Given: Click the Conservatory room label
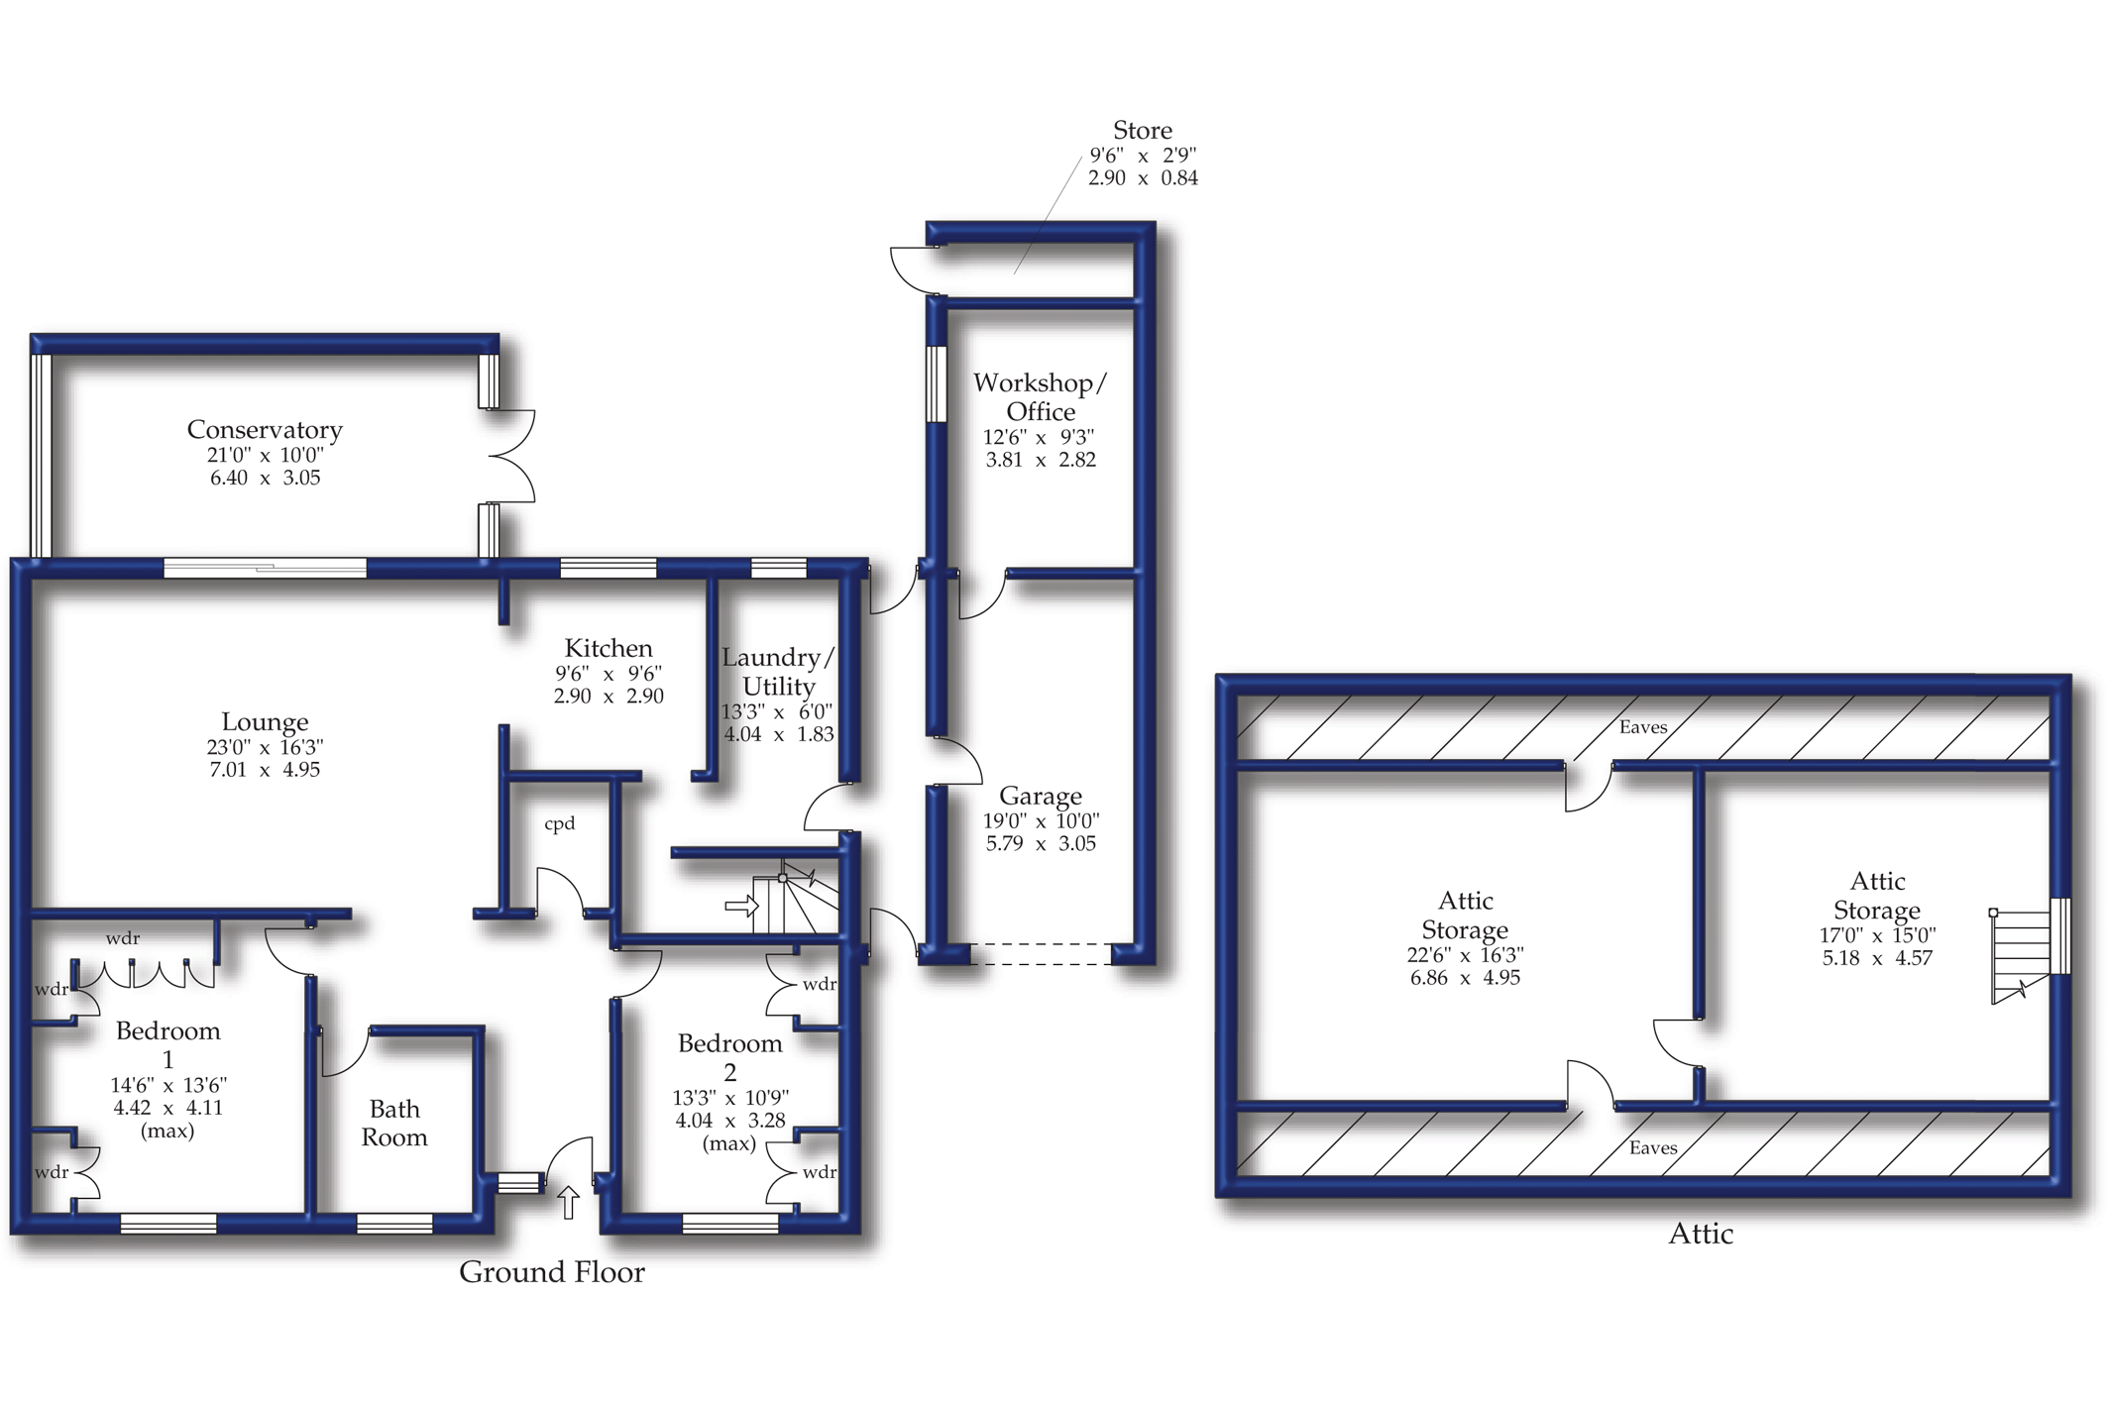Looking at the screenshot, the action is pyautogui.click(x=265, y=430).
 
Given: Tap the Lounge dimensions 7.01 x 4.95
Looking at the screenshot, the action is pyautogui.click(x=265, y=770).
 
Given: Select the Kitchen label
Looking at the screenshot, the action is pyautogui.click(x=609, y=649).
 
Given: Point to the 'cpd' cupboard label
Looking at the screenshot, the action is pyautogui.click(x=560, y=823).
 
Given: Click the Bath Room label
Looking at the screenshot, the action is pyautogui.click(x=394, y=1123).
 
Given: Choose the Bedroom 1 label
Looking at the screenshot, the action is pyautogui.click(x=167, y=1044).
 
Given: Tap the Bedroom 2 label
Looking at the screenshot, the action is pyautogui.click(x=730, y=1057).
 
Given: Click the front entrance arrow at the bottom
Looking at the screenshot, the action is pyautogui.click(x=568, y=1202).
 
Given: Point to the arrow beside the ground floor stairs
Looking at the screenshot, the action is pyautogui.click(x=740, y=906).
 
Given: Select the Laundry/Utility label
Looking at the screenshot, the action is pyautogui.click(x=778, y=672).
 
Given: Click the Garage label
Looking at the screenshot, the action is pyautogui.click(x=1041, y=797).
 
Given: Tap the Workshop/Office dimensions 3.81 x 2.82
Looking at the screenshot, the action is pyautogui.click(x=1041, y=460).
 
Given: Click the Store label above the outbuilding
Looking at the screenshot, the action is pyautogui.click(x=1143, y=131).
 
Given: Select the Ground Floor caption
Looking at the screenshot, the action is pyautogui.click(x=552, y=1272).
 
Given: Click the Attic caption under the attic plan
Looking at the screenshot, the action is pyautogui.click(x=1701, y=1234).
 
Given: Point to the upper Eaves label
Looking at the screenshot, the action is pyautogui.click(x=1643, y=727).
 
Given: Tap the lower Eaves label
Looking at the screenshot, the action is pyautogui.click(x=1653, y=1147).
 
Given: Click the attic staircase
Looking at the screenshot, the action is pyautogui.click(x=2020, y=956).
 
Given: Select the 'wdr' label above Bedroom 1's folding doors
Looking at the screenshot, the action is pyautogui.click(x=123, y=938).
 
